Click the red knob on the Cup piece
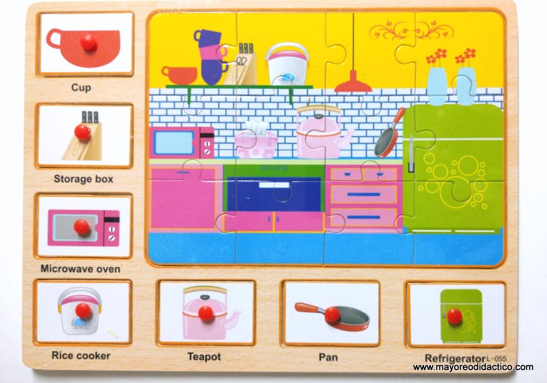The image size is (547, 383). pyautogui.click(x=87, y=42)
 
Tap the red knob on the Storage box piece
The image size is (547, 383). pyautogui.click(x=82, y=131)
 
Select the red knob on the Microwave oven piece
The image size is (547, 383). pyautogui.click(x=82, y=227)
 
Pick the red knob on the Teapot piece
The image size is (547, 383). pyautogui.click(x=206, y=313)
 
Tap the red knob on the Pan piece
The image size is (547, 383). pyautogui.click(x=332, y=314)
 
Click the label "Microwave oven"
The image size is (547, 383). pyautogui.click(x=80, y=268)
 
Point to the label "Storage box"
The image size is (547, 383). pyautogui.click(x=84, y=178)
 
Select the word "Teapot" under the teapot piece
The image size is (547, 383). pyautogui.click(x=204, y=357)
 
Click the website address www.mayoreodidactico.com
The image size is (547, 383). pyautogui.click(x=473, y=367)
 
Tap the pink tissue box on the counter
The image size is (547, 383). pyautogui.click(x=255, y=142)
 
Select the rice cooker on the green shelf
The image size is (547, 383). pyautogui.click(x=287, y=64)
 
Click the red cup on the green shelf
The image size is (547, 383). pyautogui.click(x=179, y=75)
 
